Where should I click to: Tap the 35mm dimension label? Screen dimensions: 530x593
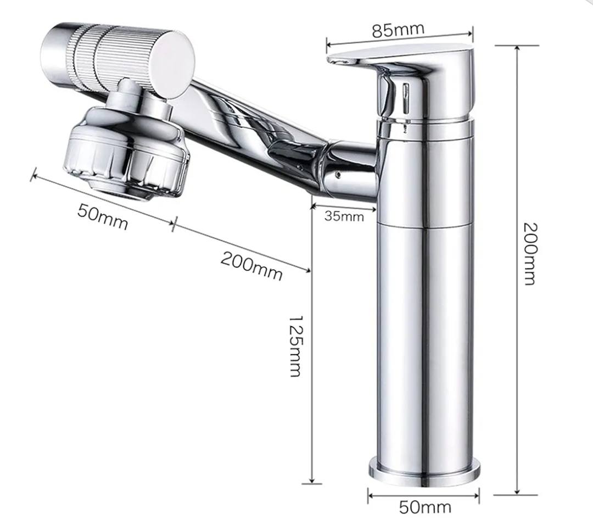(344, 216)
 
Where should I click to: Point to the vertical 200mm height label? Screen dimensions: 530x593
(529, 253)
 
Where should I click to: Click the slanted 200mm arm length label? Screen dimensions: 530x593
(251, 264)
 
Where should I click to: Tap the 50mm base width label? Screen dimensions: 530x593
(424, 506)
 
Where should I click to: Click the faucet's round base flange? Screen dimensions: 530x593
(424, 472)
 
